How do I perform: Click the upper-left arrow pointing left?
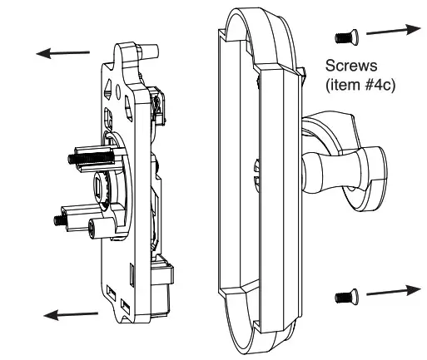point(62,52)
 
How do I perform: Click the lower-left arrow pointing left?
point(71,313)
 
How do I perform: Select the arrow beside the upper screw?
point(391,30)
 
